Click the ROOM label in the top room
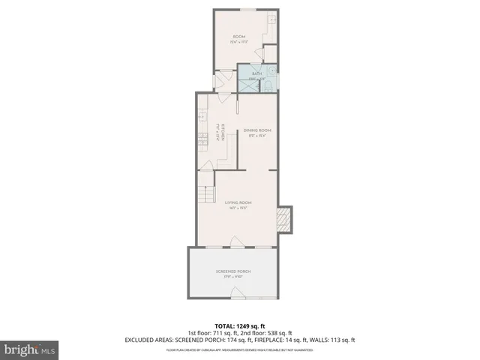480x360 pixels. click(x=238, y=37)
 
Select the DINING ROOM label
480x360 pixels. click(x=256, y=130)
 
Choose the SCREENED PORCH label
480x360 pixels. click(x=232, y=271)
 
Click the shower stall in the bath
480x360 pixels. click(x=246, y=83)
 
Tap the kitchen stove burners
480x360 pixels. click(x=202, y=139)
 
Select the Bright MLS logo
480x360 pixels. click(x=29, y=349)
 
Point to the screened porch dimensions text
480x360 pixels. click(x=232, y=277)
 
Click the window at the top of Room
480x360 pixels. click(x=245, y=10)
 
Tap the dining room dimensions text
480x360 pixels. click(x=256, y=136)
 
